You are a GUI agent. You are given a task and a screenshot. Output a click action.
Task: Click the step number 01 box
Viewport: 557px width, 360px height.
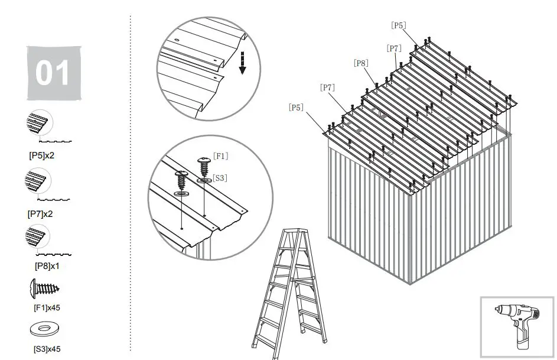(54, 73)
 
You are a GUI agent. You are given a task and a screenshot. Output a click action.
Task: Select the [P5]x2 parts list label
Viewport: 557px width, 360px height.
(42, 157)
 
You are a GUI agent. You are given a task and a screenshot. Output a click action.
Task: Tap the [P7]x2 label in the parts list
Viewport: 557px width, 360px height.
(41, 214)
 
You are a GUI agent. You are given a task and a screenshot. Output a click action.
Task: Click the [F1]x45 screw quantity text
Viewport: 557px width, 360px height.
(47, 307)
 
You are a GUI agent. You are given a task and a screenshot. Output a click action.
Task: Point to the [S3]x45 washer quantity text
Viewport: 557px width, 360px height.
(47, 349)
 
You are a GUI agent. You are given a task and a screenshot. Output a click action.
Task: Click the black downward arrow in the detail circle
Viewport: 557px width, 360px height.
(242, 63)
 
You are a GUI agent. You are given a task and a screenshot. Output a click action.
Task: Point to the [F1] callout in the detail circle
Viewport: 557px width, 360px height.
(220, 156)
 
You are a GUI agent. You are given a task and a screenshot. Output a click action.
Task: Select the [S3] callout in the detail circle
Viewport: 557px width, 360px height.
(220, 177)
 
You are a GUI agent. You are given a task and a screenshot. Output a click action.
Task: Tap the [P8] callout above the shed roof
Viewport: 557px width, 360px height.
(361, 62)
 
